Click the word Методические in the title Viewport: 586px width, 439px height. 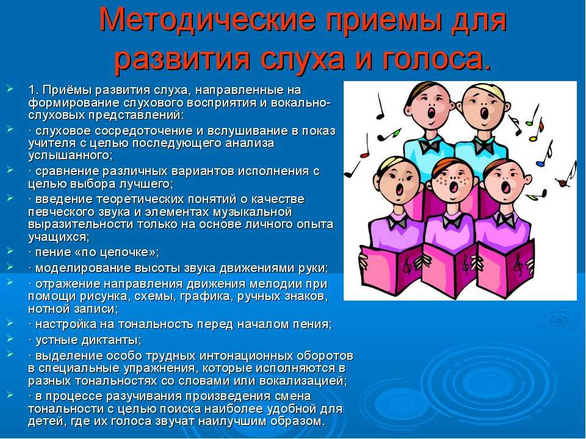click(208, 20)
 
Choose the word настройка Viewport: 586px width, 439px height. click(65, 324)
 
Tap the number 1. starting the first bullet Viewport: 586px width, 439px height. click(33, 90)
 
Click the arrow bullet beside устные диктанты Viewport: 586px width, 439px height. click(10, 339)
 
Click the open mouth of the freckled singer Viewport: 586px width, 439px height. click(454, 186)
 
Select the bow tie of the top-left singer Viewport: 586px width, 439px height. click(429, 146)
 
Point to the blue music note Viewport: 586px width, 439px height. click(541, 163)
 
